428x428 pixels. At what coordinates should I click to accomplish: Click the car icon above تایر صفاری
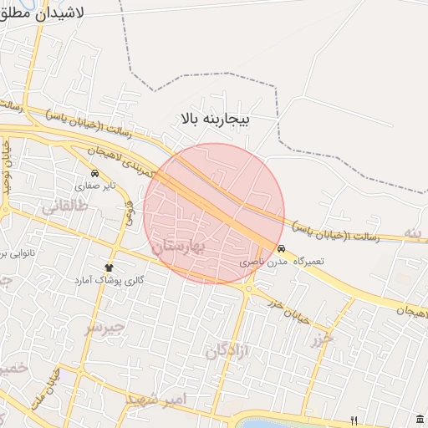(94, 174)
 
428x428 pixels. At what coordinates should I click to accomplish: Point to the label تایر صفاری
(96, 186)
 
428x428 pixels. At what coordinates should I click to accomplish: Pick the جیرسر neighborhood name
(105, 327)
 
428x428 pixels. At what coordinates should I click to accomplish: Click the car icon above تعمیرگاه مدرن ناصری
(281, 249)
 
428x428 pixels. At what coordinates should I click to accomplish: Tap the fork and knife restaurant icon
(354, 420)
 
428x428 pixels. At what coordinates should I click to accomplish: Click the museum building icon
(418, 419)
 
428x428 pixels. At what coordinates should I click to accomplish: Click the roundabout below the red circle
(249, 288)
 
